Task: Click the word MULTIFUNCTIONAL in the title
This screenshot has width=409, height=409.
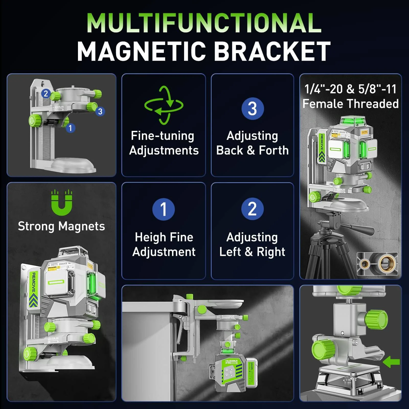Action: (204, 23)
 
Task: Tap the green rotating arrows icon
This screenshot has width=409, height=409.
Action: (164, 105)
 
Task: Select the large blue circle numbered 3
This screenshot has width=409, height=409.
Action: (252, 108)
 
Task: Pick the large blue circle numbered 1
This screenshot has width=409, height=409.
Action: (163, 209)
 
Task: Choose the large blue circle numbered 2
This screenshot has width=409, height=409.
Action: (252, 209)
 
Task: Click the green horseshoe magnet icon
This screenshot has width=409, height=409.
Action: (62, 203)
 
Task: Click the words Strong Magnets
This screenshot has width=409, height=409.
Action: (61, 226)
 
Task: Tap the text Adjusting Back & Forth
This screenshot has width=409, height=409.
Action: (252, 143)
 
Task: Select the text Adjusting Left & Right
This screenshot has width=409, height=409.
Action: (252, 244)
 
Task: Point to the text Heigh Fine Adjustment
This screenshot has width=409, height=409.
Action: (164, 244)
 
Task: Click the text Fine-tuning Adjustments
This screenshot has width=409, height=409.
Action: (164, 143)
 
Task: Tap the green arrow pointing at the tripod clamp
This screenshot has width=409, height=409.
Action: (391, 362)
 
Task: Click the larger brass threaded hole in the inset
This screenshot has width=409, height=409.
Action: (387, 264)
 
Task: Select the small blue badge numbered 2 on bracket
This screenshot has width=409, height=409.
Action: (46, 93)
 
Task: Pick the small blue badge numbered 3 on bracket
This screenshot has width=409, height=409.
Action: (100, 111)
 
